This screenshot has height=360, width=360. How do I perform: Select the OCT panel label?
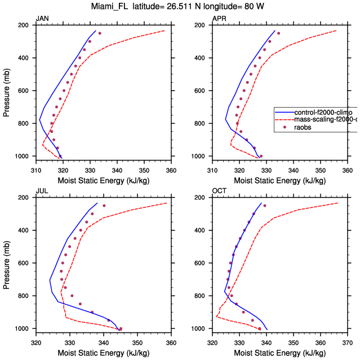pos(219,191)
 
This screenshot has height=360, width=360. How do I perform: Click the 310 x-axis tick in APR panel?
pos(212,169)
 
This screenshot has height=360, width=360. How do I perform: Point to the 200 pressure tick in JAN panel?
pos(24,25)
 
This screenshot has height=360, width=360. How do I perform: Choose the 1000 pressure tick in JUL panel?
pos(23,328)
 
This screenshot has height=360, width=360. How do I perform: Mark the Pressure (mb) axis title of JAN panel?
pos(6,91)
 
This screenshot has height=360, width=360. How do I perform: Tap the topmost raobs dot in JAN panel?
pos(100,33)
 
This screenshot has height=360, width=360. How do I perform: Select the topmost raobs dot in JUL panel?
pos(104,206)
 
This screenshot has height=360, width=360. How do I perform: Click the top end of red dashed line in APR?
pos(336,30)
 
